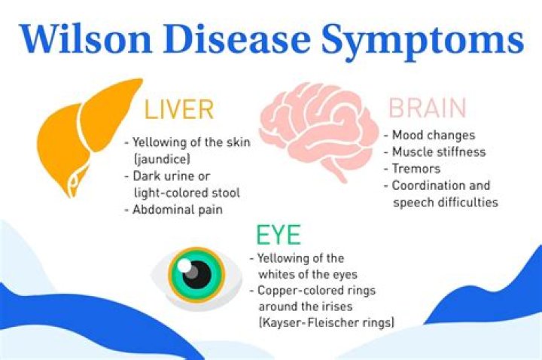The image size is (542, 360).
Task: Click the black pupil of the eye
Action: tap(198, 272)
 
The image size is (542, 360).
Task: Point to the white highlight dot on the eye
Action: tap(185, 265)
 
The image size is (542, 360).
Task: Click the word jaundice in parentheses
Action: tap(161, 159)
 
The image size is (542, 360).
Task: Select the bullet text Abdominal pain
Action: tap(177, 210)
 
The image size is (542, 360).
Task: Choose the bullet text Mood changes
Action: tap(433, 136)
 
